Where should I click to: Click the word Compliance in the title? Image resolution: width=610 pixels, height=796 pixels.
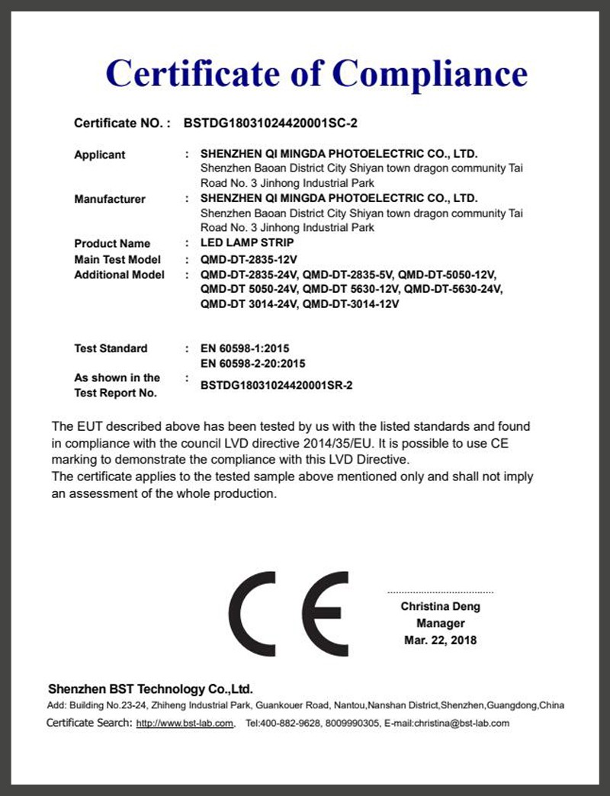[x=429, y=74]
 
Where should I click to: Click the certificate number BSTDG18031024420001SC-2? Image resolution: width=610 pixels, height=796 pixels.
[x=271, y=122]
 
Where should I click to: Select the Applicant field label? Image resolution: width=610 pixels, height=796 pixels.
[x=99, y=155]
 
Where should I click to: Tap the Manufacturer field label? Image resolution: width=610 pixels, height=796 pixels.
[x=109, y=199]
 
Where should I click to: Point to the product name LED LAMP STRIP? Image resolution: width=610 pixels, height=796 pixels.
[x=247, y=243]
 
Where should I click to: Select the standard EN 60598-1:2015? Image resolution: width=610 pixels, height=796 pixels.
[x=245, y=348]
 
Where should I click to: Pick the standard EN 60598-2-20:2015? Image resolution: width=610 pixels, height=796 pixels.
[x=252, y=364]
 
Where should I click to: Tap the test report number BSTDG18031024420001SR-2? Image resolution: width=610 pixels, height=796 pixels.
[x=276, y=386]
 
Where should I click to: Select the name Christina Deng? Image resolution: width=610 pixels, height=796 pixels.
[x=441, y=607]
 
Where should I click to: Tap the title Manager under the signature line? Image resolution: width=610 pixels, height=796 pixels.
[x=441, y=624]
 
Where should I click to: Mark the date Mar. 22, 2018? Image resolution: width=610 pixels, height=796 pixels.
[x=441, y=640]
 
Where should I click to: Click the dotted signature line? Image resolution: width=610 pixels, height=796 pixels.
[x=441, y=592]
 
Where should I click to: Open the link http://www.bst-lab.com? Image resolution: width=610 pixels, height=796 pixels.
[x=185, y=723]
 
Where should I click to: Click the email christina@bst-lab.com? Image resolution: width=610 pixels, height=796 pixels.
[x=461, y=723]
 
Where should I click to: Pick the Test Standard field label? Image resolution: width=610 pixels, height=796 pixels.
[x=111, y=348]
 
